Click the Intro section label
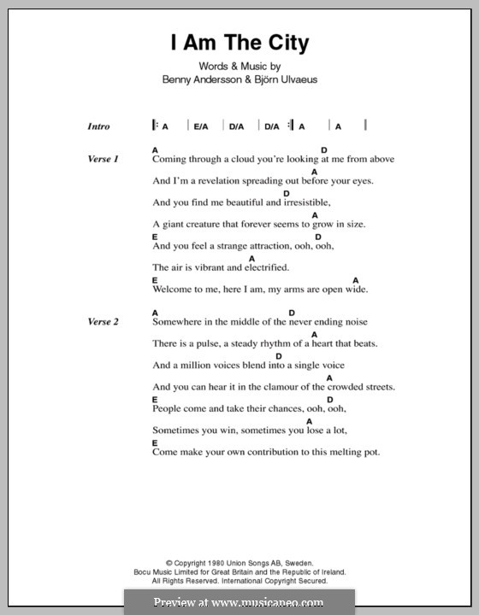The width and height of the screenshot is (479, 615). click(98, 126)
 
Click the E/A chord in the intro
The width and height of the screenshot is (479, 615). click(201, 126)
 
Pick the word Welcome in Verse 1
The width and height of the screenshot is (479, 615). click(174, 290)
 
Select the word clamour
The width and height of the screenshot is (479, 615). click(279, 387)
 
